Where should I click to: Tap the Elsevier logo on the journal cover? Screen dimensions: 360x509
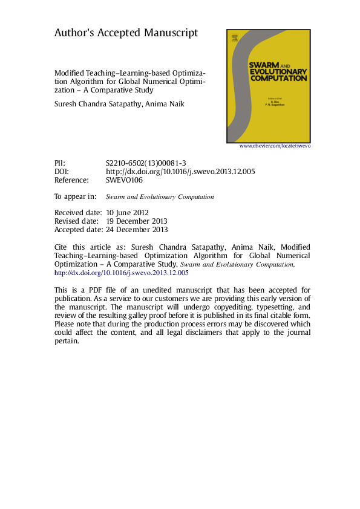pos(234,38)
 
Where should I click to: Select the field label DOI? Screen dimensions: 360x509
pos(62,172)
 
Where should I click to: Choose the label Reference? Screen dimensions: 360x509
pos(71,180)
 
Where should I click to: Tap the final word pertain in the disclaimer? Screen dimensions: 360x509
pos(67,341)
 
